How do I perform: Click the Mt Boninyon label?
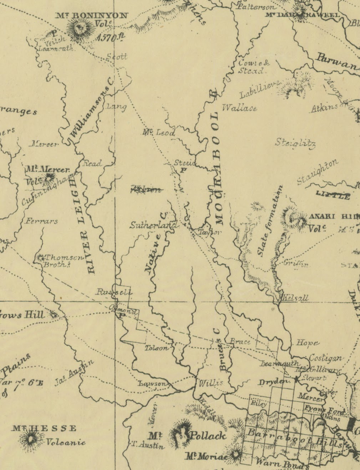pyautogui.click(x=92, y=15)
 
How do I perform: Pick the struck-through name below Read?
pyautogui.click(x=147, y=189)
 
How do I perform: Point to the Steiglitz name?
pyautogui.click(x=295, y=143)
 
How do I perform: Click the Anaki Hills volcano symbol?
pyautogui.click(x=295, y=218)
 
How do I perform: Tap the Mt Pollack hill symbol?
pyautogui.click(x=181, y=433)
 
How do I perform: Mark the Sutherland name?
pyautogui.click(x=153, y=225)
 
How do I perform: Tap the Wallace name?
pyautogui.click(x=239, y=108)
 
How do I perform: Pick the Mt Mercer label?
pyautogui.click(x=47, y=169)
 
